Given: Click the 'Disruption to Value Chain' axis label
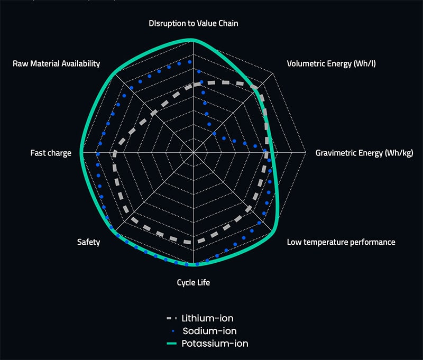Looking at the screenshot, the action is pos(194,23).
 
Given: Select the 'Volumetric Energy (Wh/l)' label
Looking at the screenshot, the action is pos(332,63).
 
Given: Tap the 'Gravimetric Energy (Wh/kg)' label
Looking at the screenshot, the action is pos(364,153).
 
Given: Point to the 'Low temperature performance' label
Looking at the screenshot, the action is pos(341,242).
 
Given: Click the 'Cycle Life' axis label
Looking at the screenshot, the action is pos(194,282).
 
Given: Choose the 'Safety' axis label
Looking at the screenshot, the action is pos(88,242).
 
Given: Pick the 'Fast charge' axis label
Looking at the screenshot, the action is pos(51,153).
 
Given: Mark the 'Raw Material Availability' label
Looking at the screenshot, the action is pos(57,63).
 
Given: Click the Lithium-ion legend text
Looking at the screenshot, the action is pos(207,318).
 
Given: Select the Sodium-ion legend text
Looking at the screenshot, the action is pos(209,331).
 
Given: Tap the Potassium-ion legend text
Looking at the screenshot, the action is pos(215,344).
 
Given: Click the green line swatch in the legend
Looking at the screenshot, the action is pos(171,344).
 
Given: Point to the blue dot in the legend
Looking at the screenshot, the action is pos(173,331).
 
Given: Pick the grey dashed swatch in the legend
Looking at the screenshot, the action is pos(171,318).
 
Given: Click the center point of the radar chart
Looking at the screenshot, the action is pos(194,153).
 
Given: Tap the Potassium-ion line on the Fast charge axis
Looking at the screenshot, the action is pos(81,153).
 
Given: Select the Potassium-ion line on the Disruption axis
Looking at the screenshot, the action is pos(194,40).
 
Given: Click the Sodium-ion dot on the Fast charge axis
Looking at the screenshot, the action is pos(98,154).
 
